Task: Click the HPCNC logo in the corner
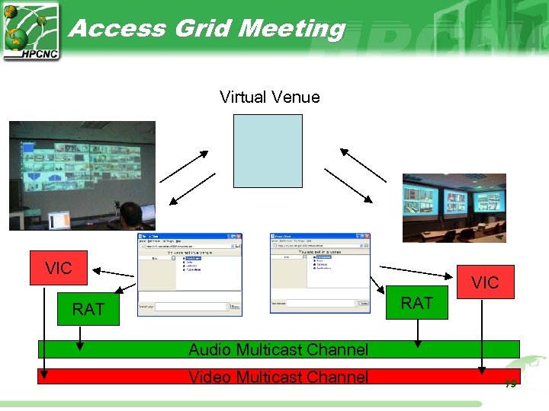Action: click(30, 31)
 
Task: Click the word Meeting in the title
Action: click(292, 29)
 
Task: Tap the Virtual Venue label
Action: click(270, 97)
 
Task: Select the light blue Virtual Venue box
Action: click(268, 151)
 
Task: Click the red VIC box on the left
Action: click(59, 268)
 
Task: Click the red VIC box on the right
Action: click(485, 283)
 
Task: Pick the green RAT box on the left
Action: click(88, 309)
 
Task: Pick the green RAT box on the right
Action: click(417, 303)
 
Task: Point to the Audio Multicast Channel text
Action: click(278, 350)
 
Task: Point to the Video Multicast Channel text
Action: click(278, 377)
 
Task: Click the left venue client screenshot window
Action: click(190, 274)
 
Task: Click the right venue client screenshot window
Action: click(321, 272)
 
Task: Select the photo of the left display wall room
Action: click(82, 175)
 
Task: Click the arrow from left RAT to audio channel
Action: click(79, 338)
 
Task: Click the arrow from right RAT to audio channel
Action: click(417, 333)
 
